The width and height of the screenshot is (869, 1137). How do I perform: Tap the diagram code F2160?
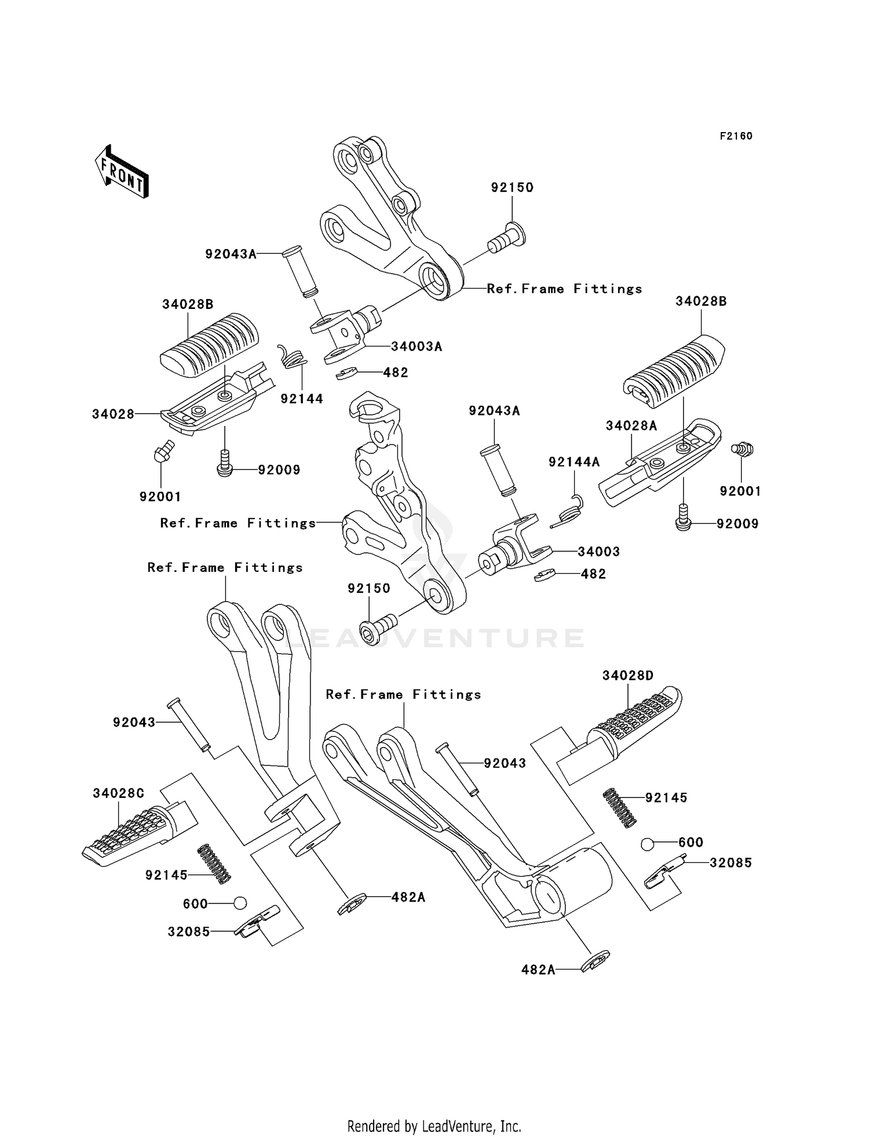tap(736, 136)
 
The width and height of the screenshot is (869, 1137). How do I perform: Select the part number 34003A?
tap(417, 347)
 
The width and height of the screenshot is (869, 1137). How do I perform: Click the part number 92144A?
tap(574, 462)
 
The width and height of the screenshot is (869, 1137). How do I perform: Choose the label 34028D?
tap(628, 676)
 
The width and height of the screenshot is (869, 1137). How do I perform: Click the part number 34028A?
tap(631, 426)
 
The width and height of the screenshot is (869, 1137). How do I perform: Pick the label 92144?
tap(302, 399)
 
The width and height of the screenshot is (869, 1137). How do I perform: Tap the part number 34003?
tap(598, 552)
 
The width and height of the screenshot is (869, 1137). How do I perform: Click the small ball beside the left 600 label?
tap(240, 903)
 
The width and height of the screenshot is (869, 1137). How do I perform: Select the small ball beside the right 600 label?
tap(648, 844)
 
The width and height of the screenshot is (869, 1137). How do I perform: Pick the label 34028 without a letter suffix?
tap(113, 414)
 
